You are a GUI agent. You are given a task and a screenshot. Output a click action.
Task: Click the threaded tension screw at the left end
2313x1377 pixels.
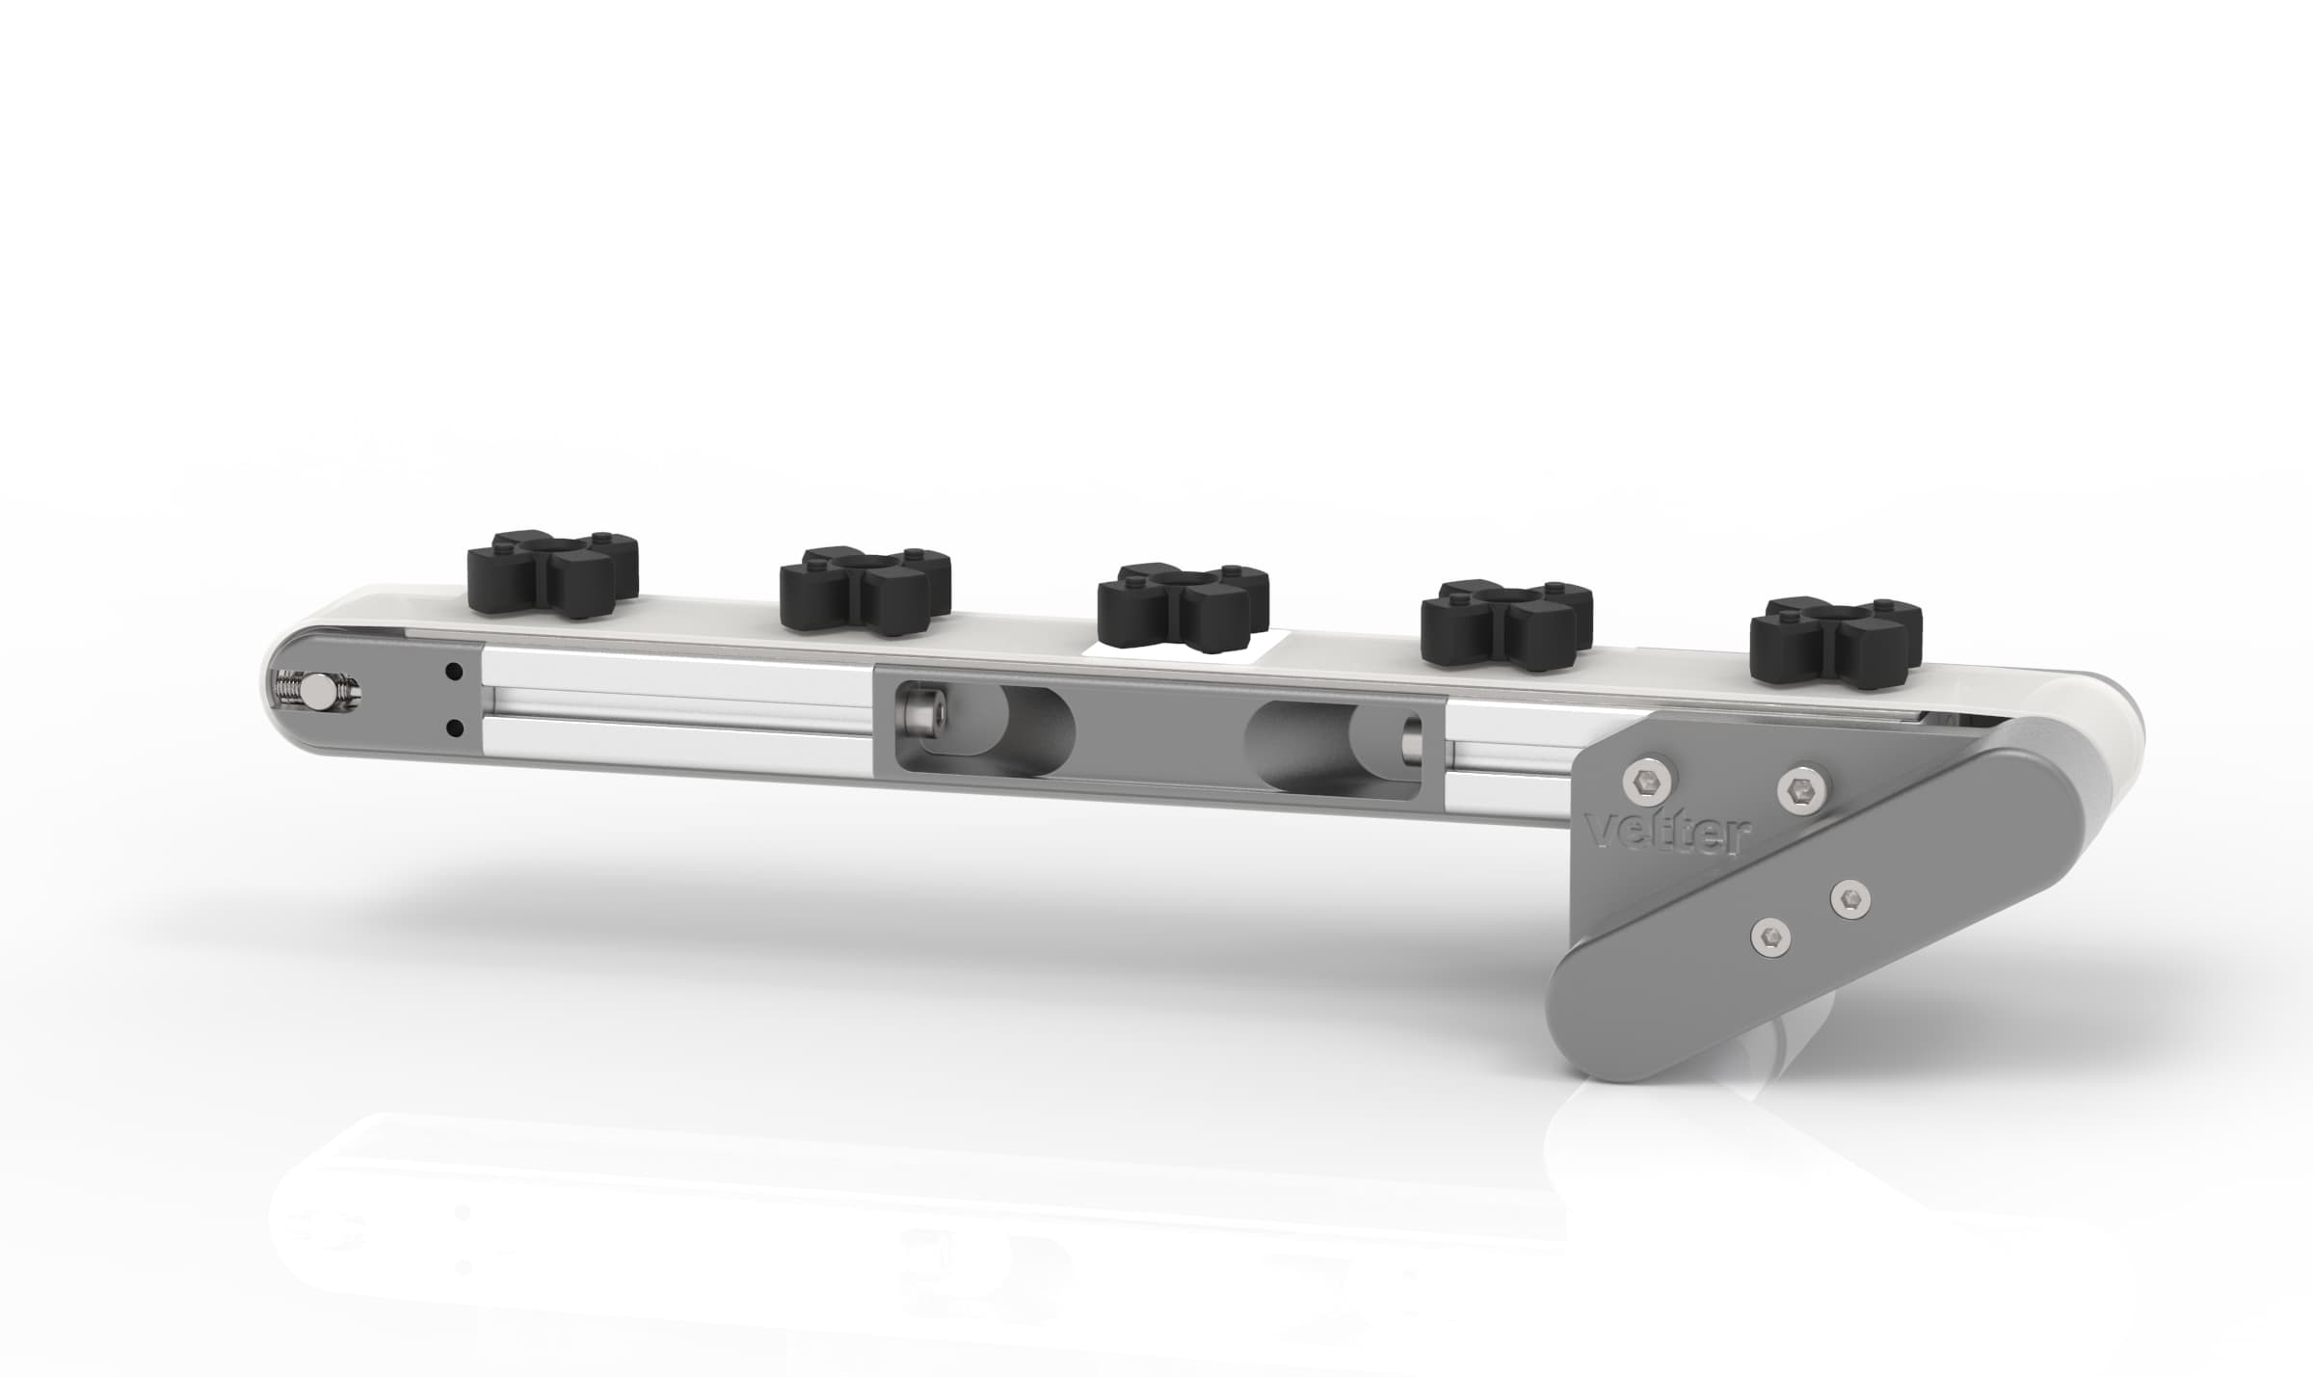tap(315, 691)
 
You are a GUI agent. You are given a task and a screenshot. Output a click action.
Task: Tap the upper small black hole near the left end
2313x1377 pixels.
tap(453, 670)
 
